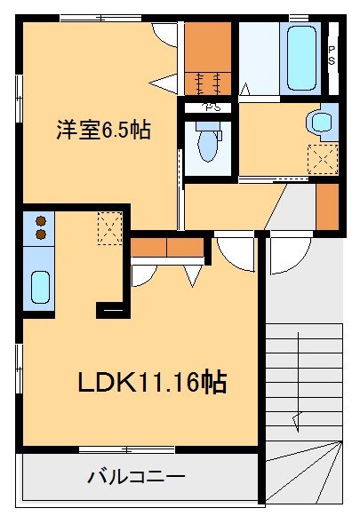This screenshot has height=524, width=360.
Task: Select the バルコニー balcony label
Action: (x=136, y=477)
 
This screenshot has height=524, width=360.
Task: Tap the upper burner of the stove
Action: (x=40, y=221)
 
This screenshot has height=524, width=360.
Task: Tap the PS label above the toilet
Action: (x=210, y=109)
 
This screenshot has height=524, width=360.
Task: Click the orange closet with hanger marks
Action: (x=208, y=56)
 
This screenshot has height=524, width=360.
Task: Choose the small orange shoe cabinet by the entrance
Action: (x=327, y=204)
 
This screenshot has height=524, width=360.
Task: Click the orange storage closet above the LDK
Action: (x=168, y=248)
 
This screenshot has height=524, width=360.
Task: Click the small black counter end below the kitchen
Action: (x=112, y=310)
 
